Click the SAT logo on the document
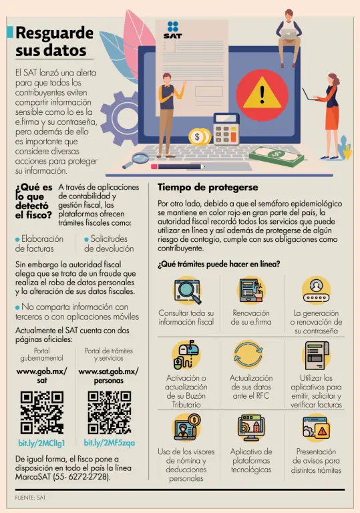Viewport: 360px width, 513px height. [173, 30]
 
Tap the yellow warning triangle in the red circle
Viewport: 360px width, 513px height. [262, 94]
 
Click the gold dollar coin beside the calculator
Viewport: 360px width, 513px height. [198, 137]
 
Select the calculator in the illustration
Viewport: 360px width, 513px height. [226, 128]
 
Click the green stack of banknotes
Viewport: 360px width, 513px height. [277, 156]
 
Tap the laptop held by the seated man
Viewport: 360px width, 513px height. [288, 33]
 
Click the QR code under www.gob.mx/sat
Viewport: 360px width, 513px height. [42, 412]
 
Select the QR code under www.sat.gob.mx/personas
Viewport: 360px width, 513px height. [110, 412]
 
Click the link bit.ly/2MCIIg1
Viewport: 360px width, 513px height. [41, 444]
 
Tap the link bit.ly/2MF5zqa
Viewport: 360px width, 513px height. [110, 443]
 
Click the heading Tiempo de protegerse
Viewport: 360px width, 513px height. [208, 187]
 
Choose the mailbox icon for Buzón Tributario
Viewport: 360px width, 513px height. [186, 354]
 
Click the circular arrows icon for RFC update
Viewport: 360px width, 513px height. [248, 355]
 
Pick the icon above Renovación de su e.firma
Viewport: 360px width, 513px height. [251, 290]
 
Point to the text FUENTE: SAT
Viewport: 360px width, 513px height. [30, 498]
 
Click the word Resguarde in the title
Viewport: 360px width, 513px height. [55, 33]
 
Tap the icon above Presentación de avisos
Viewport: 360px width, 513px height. [316, 427]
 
